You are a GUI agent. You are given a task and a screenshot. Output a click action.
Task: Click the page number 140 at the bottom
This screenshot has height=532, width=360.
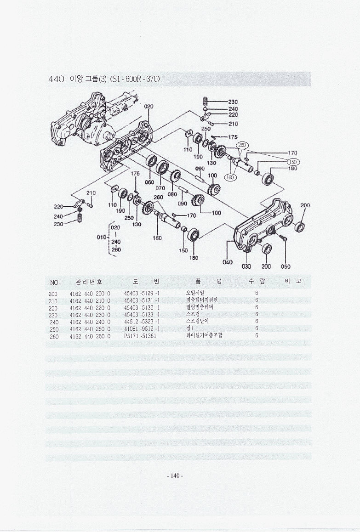point(175,475)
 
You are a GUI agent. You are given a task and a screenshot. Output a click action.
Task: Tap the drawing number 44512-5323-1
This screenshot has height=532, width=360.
point(142,321)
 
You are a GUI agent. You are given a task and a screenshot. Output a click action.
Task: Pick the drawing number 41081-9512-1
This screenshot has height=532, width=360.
point(142,328)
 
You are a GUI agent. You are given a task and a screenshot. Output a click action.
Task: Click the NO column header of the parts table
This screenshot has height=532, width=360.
point(54,282)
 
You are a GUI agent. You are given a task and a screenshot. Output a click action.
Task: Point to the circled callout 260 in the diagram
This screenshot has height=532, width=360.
point(243,145)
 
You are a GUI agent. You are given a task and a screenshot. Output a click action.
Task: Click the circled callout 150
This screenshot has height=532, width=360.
point(293,161)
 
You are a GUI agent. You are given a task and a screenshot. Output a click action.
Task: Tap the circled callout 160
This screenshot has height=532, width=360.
point(230,177)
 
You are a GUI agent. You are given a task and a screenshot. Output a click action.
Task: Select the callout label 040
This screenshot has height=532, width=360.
point(227,262)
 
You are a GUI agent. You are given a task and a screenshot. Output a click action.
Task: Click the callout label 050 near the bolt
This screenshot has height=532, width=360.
point(286,266)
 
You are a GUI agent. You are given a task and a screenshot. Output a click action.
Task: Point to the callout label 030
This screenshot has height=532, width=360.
point(246,266)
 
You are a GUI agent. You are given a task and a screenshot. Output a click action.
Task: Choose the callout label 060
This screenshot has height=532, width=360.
point(149,182)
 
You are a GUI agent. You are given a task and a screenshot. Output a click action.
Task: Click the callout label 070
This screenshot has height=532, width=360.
point(160,187)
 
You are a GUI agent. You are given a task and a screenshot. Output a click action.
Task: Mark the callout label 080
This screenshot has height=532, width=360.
point(172,194)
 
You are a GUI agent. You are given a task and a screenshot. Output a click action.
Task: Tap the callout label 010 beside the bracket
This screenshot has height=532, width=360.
point(101,238)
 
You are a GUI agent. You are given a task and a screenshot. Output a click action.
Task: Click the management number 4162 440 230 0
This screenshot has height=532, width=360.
point(90,314)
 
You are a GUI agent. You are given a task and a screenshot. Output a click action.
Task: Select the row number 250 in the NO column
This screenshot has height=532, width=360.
point(53,328)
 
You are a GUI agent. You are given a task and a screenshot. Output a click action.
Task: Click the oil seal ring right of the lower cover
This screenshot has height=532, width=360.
point(299,226)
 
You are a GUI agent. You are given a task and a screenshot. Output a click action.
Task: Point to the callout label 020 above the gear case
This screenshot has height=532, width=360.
point(148,106)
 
